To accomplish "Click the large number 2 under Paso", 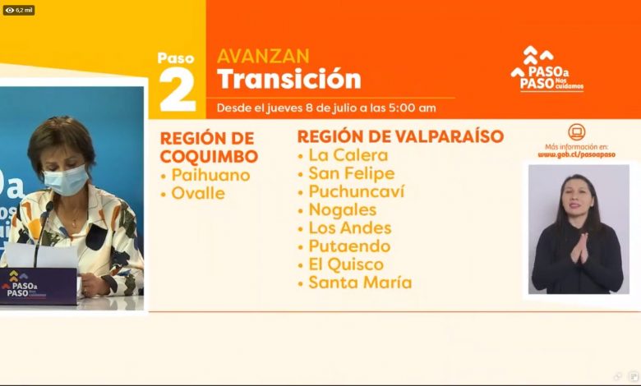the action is (x=178, y=90).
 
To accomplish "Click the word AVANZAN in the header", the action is (x=263, y=57).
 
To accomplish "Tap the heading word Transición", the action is (x=289, y=79).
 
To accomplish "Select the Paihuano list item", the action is (x=210, y=175).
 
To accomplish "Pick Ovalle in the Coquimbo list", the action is (x=198, y=193).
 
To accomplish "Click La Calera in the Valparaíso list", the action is (x=348, y=155).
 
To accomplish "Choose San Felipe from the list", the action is (x=352, y=173).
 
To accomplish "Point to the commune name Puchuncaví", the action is (x=357, y=191).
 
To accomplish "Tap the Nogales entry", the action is (x=343, y=210).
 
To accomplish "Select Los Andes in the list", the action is (x=350, y=228).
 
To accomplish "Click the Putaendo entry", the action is (x=349, y=246).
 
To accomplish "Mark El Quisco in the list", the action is (x=346, y=264).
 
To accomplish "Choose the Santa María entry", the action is (x=360, y=283).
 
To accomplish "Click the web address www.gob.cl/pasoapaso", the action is (x=576, y=154).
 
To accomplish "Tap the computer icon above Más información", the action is (x=576, y=132).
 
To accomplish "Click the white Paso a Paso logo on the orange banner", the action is (x=547, y=69).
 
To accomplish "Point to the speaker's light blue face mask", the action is (x=66, y=180).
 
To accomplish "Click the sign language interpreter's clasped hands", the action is (x=579, y=248).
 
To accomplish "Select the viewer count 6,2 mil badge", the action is (x=19, y=10).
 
